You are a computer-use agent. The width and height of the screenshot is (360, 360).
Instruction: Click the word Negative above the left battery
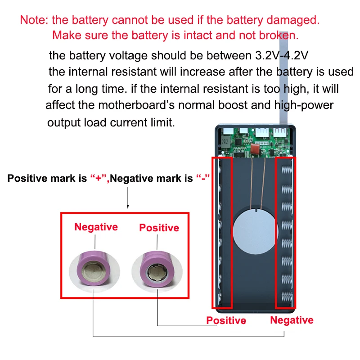tap(96, 227)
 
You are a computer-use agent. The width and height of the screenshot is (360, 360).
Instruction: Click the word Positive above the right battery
tap(159, 228)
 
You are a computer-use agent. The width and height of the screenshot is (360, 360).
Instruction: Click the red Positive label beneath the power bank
tap(226, 320)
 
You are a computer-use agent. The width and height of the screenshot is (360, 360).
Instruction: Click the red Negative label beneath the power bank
tap(292, 320)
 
